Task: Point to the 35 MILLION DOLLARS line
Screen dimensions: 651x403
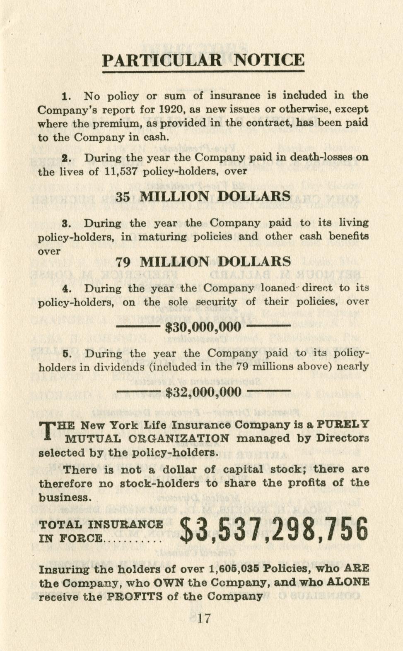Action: (x=203, y=196)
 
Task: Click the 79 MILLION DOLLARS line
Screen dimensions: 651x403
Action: (x=203, y=262)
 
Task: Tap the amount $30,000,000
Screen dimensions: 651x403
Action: (x=203, y=327)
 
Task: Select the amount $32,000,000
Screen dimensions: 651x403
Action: (x=203, y=392)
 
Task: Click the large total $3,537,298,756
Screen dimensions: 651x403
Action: (x=274, y=530)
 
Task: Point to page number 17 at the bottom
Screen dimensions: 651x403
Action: (x=204, y=618)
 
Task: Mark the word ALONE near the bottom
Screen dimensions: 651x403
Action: (x=347, y=582)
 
